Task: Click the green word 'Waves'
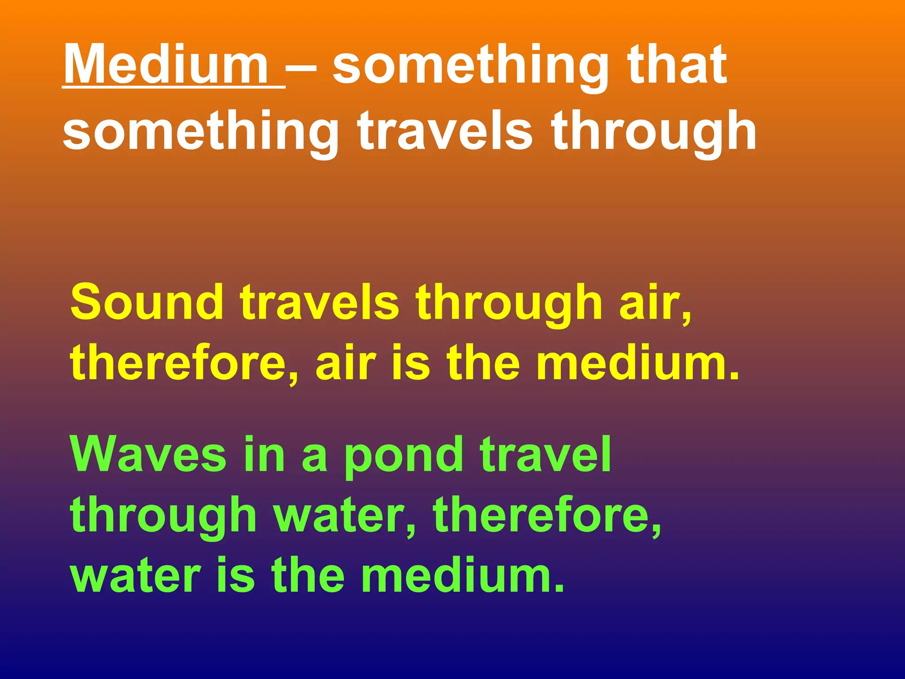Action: (148, 455)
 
